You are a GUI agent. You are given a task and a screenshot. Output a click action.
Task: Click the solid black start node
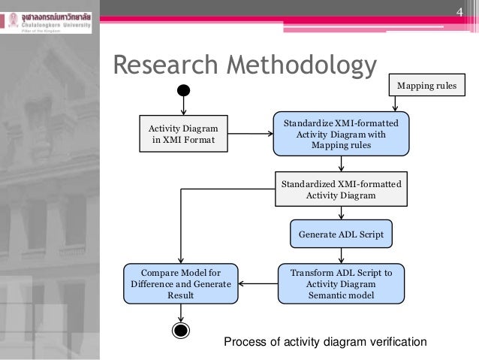click(182, 90)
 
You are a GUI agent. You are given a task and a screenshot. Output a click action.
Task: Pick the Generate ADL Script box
click(341, 234)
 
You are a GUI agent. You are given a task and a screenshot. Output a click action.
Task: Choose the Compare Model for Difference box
click(180, 283)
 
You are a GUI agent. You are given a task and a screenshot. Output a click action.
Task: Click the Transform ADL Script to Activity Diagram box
click(341, 283)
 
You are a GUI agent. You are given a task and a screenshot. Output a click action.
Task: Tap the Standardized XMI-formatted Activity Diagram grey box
click(341, 189)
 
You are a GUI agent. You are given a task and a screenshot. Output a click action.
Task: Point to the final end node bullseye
click(180, 329)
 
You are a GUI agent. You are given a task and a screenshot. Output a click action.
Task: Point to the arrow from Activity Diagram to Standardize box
click(250, 135)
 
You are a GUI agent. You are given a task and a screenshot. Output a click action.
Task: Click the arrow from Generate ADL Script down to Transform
click(341, 256)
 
